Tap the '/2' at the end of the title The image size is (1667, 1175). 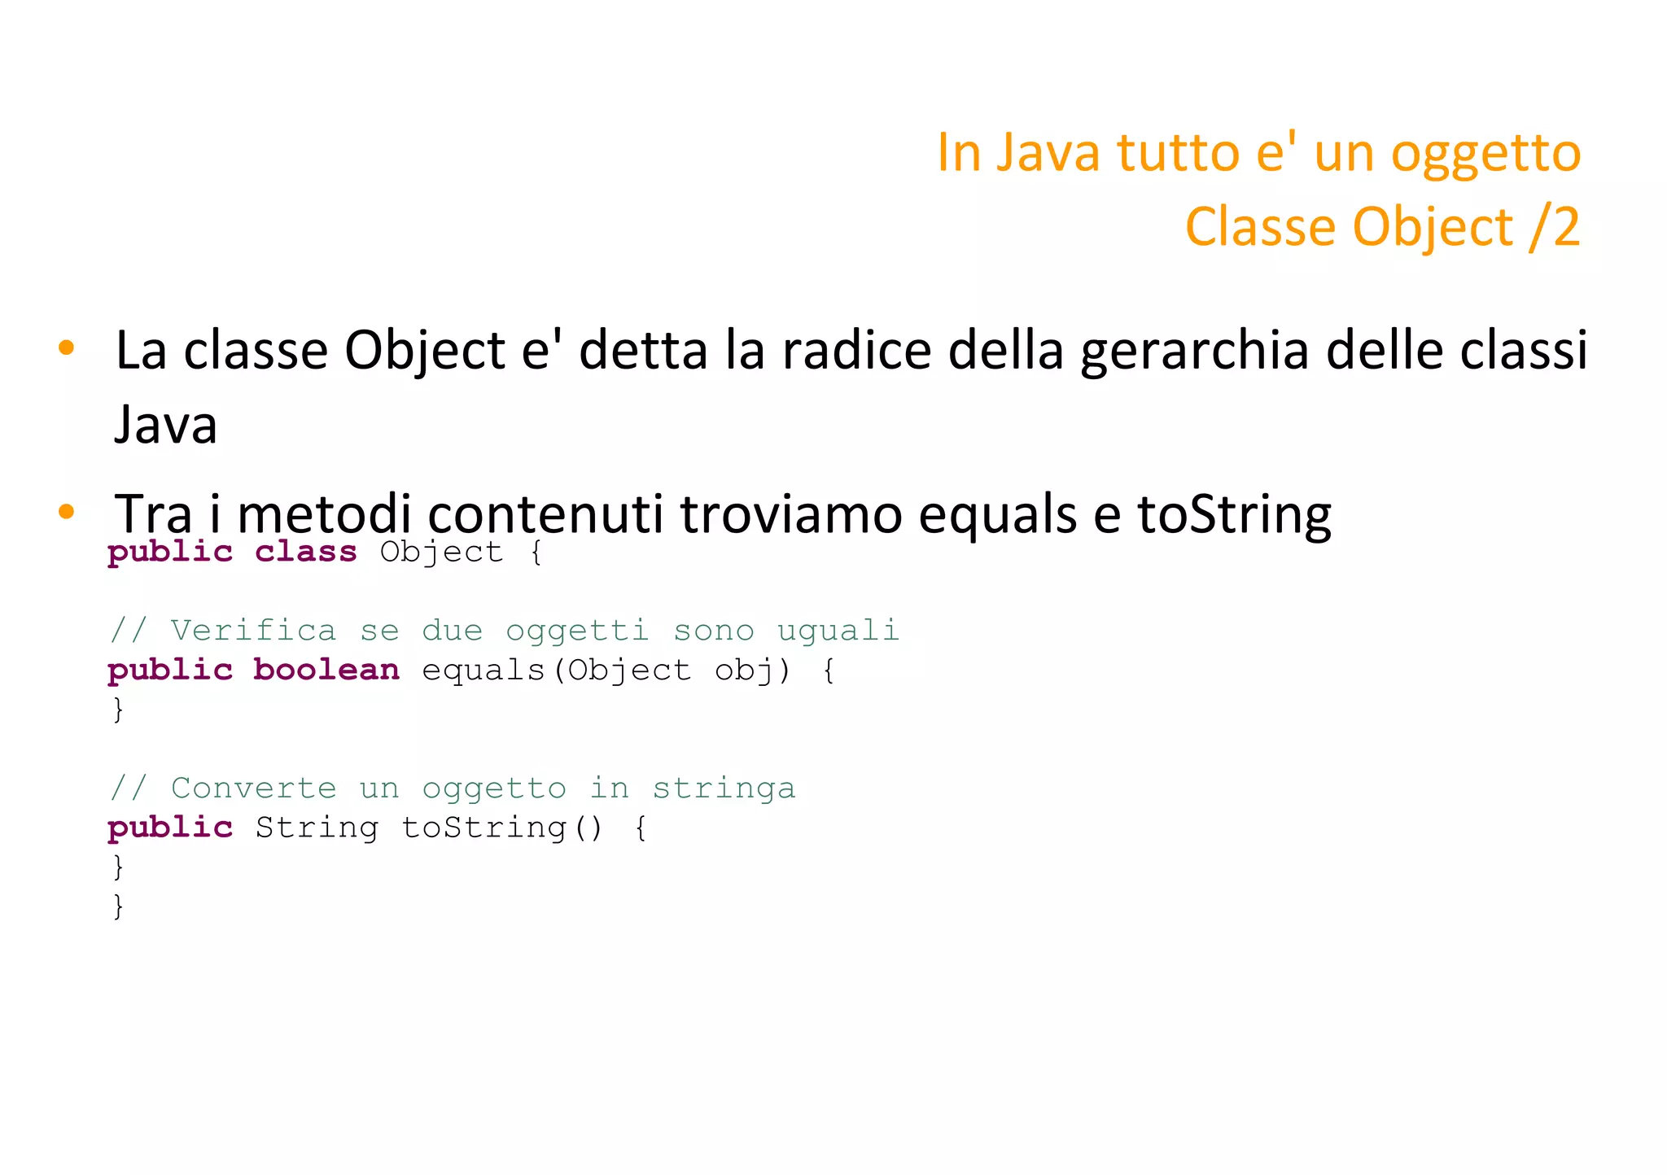[1554, 227]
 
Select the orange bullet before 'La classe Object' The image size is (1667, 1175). [67, 348]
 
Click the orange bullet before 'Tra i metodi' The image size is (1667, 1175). [67, 512]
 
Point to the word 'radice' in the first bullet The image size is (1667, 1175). [857, 352]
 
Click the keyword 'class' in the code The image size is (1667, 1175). [306, 553]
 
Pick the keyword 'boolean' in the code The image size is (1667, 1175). [326, 670]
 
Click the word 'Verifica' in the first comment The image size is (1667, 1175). [252, 631]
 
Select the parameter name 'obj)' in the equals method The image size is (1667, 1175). [752, 670]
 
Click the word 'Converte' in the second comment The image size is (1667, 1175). [253, 788]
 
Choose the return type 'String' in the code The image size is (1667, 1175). [317, 828]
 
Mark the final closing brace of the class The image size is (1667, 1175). [119, 906]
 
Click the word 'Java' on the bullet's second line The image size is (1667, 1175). [166, 426]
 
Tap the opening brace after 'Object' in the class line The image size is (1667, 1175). [536, 553]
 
